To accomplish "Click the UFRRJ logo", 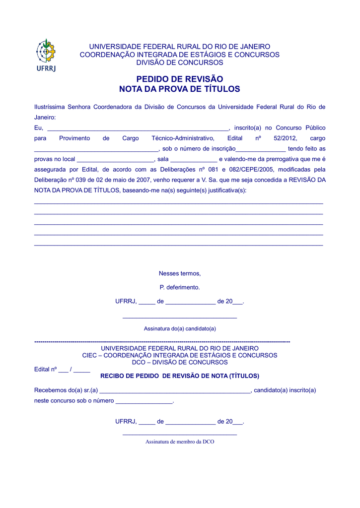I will click(46, 55).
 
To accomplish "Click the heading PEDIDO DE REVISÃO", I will click(179, 79).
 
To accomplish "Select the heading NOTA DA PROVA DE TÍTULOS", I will click(179, 89).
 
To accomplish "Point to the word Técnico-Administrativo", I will click(183, 138).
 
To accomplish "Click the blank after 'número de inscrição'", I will click(261, 149).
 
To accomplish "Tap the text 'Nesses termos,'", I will click(180, 273).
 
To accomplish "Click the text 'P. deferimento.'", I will click(180, 287).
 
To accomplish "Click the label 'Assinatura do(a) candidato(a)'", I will click(180, 328).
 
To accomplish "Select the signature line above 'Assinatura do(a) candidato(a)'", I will click(180, 317).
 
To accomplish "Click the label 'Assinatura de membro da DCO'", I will click(180, 442).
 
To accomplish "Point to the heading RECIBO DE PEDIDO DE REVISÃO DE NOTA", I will click(180, 376).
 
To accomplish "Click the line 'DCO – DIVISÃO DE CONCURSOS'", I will click(180, 362).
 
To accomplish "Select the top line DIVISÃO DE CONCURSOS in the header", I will click(180, 63).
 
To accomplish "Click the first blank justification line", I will click(179, 203).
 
